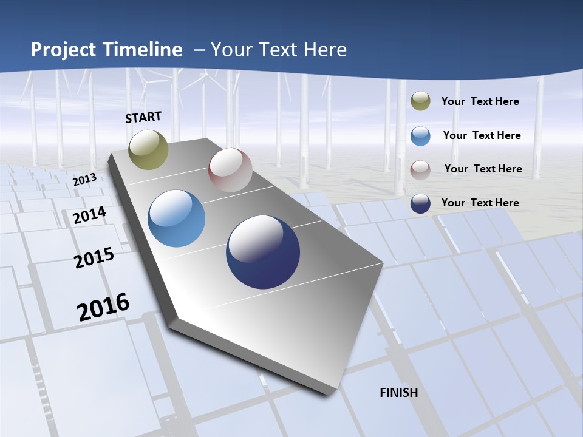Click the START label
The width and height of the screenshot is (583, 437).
pyautogui.click(x=143, y=117)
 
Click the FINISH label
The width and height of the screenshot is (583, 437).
pyautogui.click(x=399, y=393)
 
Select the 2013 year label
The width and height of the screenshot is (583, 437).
pyautogui.click(x=85, y=180)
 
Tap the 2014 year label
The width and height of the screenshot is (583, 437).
pyautogui.click(x=90, y=215)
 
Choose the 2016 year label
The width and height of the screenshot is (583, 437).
pyautogui.click(x=103, y=307)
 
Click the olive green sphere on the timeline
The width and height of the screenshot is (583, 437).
pyautogui.click(x=149, y=149)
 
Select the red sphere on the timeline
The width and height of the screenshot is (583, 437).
pyautogui.click(x=230, y=170)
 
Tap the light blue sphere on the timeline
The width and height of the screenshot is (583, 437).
pyautogui.click(x=177, y=218)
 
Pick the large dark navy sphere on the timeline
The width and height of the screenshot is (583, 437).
pyautogui.click(x=263, y=252)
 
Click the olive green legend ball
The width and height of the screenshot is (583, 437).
pyautogui.click(x=420, y=101)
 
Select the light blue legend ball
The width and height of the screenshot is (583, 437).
pyautogui.click(x=420, y=136)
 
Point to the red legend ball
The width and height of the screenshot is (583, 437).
pyautogui.click(x=420, y=169)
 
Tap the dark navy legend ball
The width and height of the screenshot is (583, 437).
pyautogui.click(x=420, y=203)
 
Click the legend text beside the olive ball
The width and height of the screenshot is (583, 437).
pyautogui.click(x=480, y=101)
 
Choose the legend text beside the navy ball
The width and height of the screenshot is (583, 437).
pyautogui.click(x=480, y=203)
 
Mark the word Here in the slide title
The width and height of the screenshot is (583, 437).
pyautogui.click(x=324, y=49)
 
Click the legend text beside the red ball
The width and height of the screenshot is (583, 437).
pyautogui.click(x=483, y=169)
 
